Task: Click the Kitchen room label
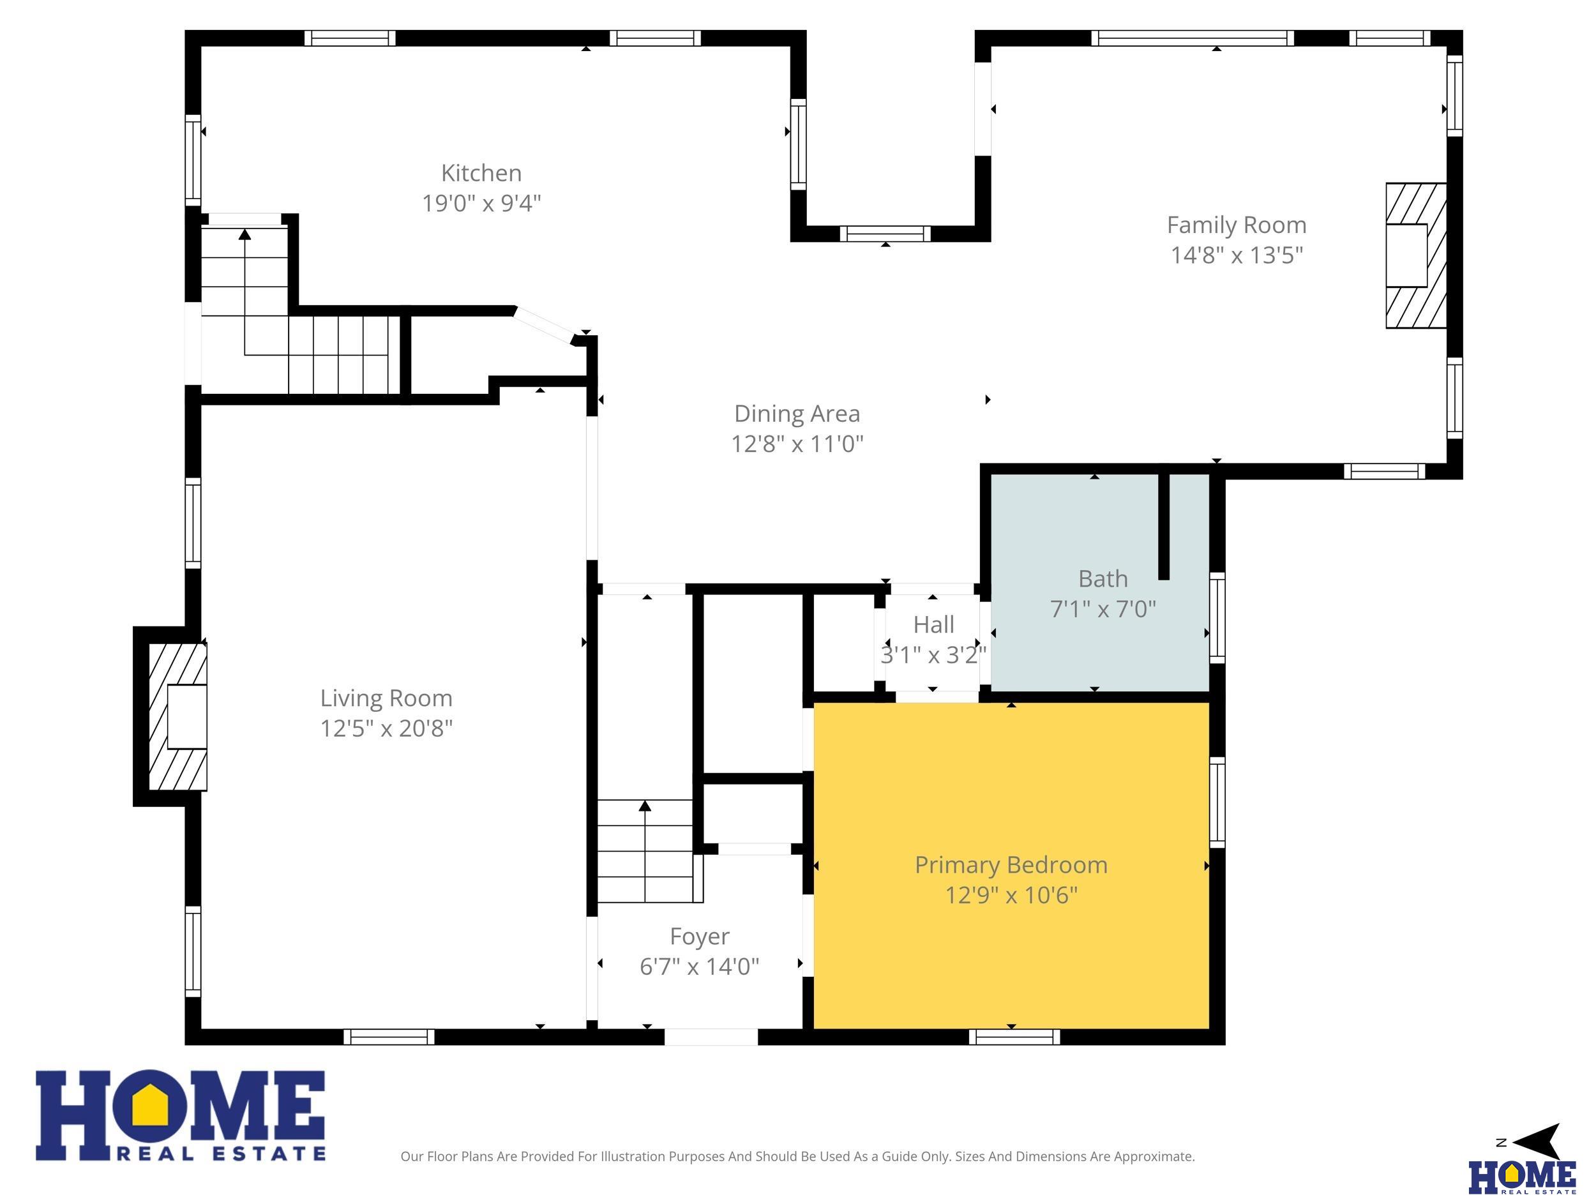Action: (481, 173)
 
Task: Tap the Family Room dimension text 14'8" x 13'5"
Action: (1237, 255)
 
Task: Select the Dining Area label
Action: (797, 414)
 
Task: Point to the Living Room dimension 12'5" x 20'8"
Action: (387, 728)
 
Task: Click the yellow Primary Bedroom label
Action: (1011, 864)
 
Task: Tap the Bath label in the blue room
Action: (1103, 578)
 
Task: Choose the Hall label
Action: (933, 624)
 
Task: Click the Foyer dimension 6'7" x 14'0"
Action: (699, 966)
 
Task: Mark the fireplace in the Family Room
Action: (1415, 255)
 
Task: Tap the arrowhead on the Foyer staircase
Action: (645, 806)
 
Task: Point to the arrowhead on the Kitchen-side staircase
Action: (245, 234)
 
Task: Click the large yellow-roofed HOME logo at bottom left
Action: (181, 1115)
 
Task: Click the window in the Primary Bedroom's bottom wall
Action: (1014, 1037)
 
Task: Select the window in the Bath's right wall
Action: (1217, 617)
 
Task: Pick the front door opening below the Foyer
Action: (711, 1037)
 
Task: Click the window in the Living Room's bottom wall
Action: (389, 1037)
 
